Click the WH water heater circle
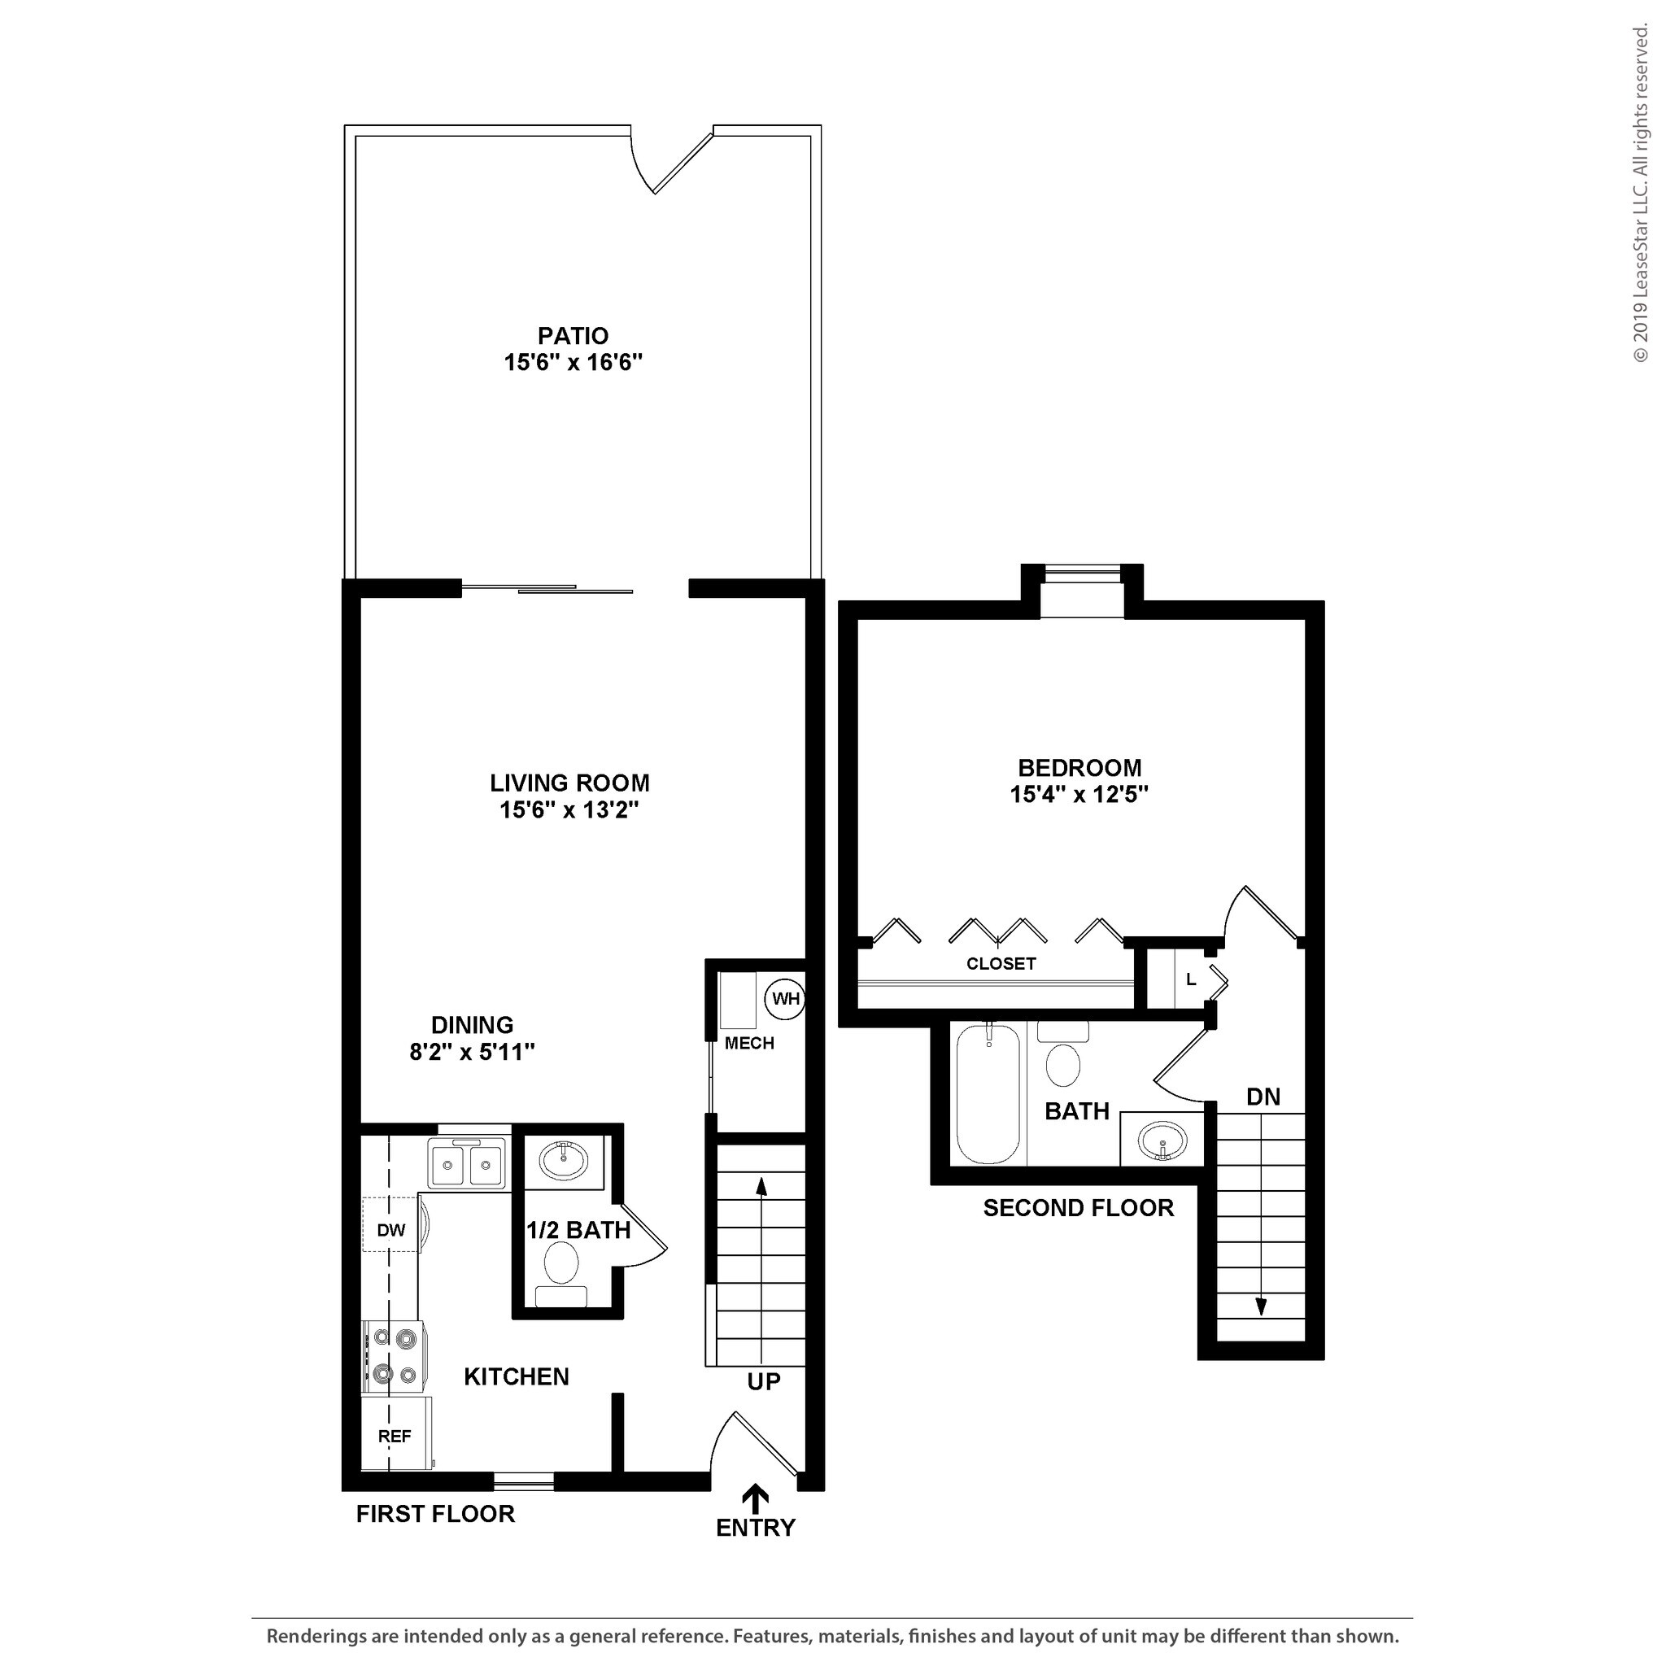[x=785, y=1000]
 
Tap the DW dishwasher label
[x=390, y=1231]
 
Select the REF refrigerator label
[x=394, y=1436]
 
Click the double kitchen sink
[x=466, y=1164]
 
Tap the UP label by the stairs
[x=763, y=1381]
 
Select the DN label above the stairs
[x=1263, y=1097]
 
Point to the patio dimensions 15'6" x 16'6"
[x=574, y=362]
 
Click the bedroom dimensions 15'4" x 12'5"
[x=1079, y=794]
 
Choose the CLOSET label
[x=1001, y=964]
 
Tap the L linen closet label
[x=1191, y=979]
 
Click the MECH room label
[x=748, y=1044]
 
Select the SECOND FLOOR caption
[x=1078, y=1208]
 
